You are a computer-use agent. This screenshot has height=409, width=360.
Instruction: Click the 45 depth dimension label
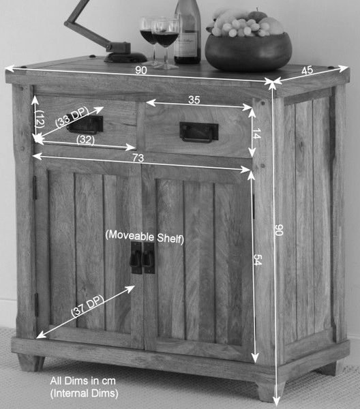[307, 70]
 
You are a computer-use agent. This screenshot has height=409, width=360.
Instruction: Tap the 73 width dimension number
[138, 158]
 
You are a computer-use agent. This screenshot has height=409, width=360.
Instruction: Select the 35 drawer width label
[194, 100]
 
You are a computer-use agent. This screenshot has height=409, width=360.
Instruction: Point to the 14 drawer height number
[256, 134]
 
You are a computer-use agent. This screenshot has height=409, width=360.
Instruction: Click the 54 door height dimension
[258, 260]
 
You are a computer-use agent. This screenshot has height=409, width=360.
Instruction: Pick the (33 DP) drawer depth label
[72, 117]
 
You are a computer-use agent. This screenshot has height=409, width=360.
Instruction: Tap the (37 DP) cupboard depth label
[88, 306]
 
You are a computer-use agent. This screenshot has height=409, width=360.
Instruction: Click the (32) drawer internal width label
[85, 140]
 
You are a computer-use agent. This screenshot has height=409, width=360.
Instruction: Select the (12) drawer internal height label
[40, 119]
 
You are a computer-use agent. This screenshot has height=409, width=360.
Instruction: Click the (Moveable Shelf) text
[145, 237]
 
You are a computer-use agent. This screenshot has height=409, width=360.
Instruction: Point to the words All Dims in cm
[82, 381]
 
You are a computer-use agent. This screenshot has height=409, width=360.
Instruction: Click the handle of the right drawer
[199, 132]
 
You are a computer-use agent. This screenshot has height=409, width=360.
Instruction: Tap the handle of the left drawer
[85, 125]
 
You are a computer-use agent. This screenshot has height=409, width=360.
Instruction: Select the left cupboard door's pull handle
[136, 258]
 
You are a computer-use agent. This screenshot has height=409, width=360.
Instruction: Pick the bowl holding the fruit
[248, 52]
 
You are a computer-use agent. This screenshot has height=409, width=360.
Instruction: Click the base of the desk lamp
[125, 57]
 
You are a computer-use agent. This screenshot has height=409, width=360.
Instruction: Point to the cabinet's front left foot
[31, 363]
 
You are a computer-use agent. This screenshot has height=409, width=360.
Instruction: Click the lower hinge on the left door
[37, 305]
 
